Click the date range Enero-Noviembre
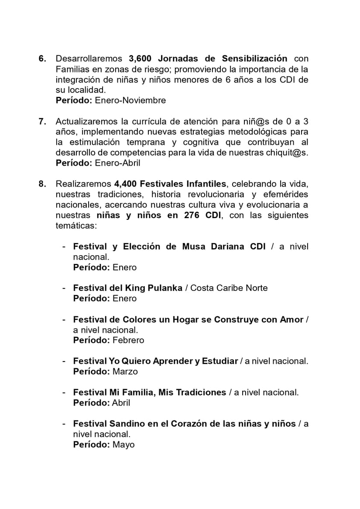(130, 100)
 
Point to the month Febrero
(128, 340)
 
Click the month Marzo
(125, 372)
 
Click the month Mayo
(123, 445)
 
